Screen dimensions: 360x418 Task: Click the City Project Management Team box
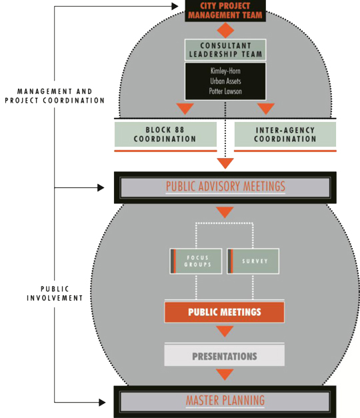(x=225, y=11)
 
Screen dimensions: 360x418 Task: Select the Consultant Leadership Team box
(x=225, y=50)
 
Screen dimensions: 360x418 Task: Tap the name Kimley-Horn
(x=225, y=71)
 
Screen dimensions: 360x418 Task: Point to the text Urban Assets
(x=225, y=81)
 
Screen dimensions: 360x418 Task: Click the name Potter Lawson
(x=225, y=91)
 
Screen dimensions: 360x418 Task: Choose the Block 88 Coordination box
(x=165, y=135)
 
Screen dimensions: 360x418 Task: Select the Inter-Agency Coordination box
(x=285, y=135)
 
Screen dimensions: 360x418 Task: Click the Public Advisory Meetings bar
(x=225, y=187)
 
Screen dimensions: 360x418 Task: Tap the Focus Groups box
(x=196, y=261)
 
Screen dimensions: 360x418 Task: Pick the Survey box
(x=253, y=261)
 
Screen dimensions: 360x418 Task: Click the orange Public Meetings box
(x=225, y=312)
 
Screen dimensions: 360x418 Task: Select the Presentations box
(x=225, y=355)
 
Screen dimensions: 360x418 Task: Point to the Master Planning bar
(x=225, y=401)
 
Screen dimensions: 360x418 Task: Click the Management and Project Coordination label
(x=55, y=96)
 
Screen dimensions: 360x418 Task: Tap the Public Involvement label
(x=55, y=293)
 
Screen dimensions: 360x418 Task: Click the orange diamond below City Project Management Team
(x=225, y=31)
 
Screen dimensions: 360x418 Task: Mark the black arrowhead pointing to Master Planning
(x=102, y=402)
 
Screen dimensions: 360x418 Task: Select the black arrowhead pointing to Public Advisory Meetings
(x=101, y=188)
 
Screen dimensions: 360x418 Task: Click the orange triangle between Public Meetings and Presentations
(x=225, y=331)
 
